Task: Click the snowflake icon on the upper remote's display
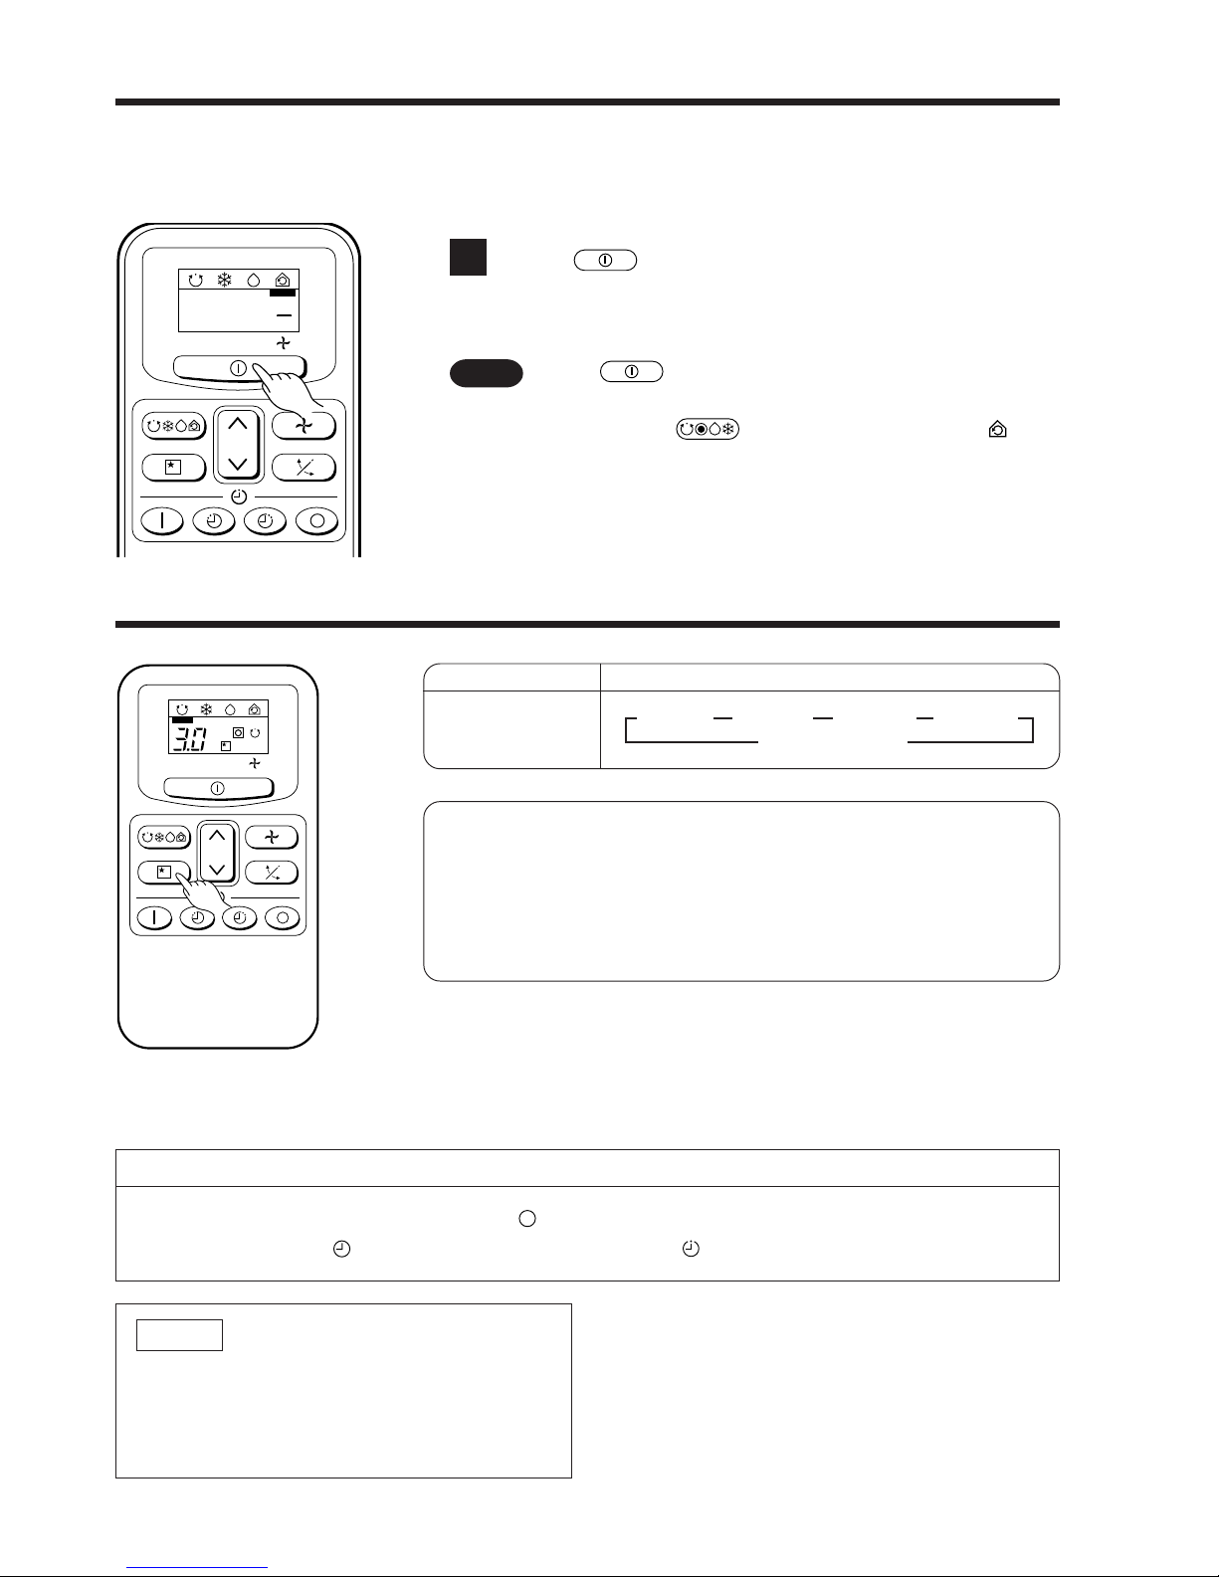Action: (225, 280)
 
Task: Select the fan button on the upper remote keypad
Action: (304, 426)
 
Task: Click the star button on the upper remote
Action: (173, 468)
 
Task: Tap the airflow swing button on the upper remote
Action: (304, 468)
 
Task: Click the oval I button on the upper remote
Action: (162, 520)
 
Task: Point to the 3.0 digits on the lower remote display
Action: (189, 739)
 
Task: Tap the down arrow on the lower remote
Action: (217, 868)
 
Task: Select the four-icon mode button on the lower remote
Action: (164, 837)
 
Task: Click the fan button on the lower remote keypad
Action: (272, 837)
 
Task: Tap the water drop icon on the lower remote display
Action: (230, 709)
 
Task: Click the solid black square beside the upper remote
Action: (468, 257)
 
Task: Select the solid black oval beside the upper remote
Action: (487, 373)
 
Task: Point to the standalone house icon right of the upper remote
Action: (998, 430)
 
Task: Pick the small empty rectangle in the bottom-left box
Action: (179, 1335)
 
